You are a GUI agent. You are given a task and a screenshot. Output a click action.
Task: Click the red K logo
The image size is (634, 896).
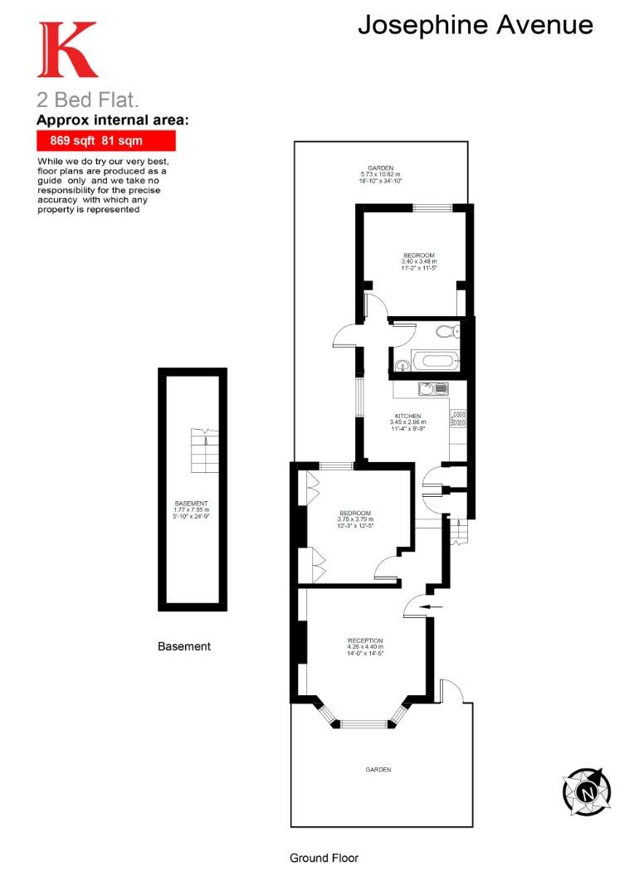click(66, 50)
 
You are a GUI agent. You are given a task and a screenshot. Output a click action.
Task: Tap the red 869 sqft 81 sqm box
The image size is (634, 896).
click(105, 141)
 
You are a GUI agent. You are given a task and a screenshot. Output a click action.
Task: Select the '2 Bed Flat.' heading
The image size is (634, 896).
click(81, 101)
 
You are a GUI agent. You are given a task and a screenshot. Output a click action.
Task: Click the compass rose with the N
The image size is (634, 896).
click(586, 791)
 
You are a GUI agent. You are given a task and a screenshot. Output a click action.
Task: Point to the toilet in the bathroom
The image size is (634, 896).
click(446, 333)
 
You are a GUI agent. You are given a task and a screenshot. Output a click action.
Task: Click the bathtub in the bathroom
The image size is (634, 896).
click(434, 362)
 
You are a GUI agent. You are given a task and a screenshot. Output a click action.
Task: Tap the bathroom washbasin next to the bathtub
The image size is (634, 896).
click(402, 363)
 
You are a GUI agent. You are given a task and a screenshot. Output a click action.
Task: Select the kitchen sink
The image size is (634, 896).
click(433, 387)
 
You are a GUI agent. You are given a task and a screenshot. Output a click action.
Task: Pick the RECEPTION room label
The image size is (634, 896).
click(365, 640)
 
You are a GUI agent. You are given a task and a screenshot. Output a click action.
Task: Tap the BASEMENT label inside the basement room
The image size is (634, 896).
click(192, 504)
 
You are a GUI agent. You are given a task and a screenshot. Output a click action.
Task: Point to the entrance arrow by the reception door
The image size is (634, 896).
click(432, 607)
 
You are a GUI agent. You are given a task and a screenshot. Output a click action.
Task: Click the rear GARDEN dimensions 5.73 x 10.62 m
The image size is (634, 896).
click(382, 173)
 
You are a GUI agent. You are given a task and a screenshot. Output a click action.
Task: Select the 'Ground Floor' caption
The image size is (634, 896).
click(324, 858)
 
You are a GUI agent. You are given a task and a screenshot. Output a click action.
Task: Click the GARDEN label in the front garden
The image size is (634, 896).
click(378, 770)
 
